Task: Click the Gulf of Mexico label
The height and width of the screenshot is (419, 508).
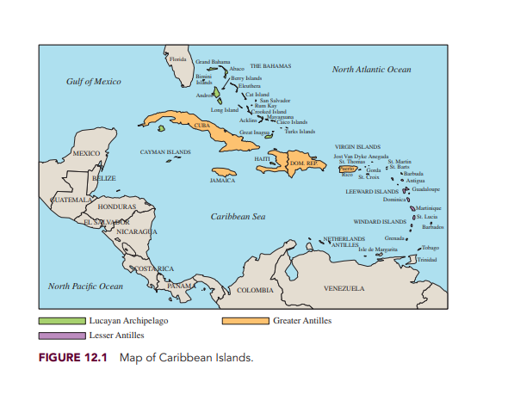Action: click(94, 82)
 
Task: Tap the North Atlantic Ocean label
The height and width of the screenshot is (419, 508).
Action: click(371, 69)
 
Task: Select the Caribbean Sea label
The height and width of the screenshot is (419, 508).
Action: click(238, 217)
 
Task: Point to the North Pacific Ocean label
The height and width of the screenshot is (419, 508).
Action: click(85, 286)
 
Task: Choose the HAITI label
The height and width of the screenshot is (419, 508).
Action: click(263, 159)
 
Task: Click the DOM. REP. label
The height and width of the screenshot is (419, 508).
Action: click(304, 163)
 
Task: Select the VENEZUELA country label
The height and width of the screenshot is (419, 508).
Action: click(344, 288)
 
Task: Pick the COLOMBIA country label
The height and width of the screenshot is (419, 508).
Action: click(254, 290)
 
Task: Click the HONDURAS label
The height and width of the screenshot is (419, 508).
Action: click(117, 207)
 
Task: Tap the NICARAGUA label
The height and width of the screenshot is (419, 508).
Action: click(136, 231)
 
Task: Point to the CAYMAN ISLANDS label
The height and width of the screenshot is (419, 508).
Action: click(165, 151)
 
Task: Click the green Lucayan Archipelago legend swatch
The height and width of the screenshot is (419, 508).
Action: click(62, 321)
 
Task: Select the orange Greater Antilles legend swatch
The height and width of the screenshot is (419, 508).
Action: click(245, 321)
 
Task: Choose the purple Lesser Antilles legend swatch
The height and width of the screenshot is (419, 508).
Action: click(62, 336)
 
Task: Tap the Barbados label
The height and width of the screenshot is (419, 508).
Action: click(433, 227)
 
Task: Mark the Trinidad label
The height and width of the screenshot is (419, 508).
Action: click(427, 259)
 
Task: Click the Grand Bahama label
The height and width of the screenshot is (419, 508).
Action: click(213, 62)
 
